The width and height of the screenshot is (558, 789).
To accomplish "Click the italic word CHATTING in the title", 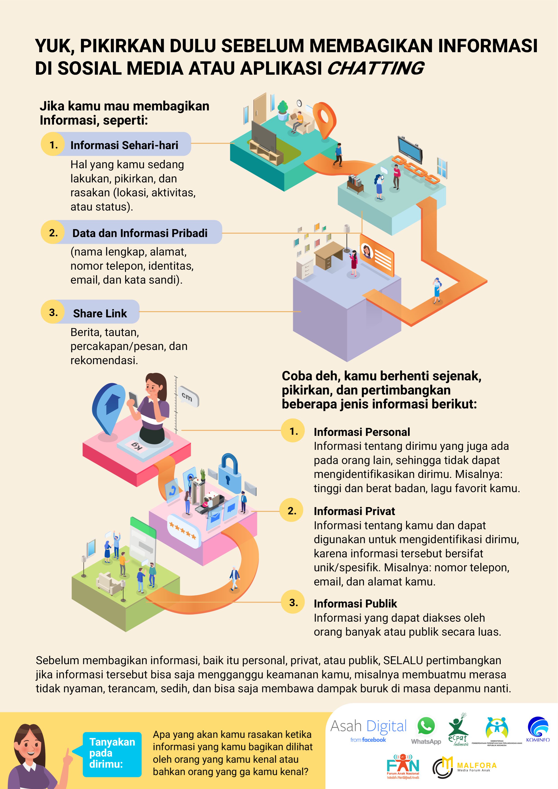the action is [x=376, y=68].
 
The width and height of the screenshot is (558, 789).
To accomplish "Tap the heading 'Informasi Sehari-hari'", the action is [x=124, y=145].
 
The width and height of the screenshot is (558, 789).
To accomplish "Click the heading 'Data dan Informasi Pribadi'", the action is [x=140, y=233].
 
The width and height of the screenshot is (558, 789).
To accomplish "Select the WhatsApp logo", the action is [x=426, y=731].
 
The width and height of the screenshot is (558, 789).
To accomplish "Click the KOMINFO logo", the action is [x=538, y=729].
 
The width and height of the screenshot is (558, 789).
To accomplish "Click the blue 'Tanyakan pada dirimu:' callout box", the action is [x=112, y=753].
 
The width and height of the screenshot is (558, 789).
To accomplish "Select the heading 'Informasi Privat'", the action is [x=354, y=511].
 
